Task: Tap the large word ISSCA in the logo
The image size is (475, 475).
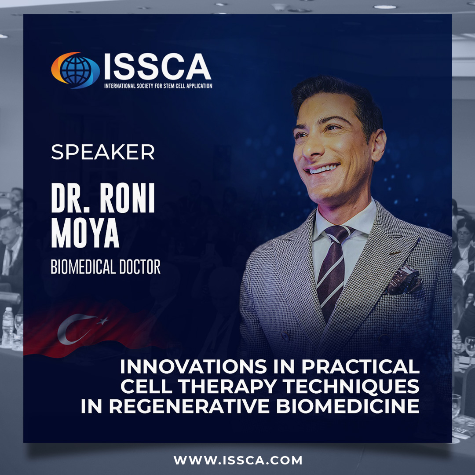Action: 157,66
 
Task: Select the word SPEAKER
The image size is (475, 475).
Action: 102,152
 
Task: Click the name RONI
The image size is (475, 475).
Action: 127,198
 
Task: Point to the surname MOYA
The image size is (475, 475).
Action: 85,233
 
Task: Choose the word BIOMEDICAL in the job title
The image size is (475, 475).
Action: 82,267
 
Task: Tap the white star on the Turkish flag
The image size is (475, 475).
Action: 103,321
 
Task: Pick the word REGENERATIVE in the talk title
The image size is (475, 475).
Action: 189,406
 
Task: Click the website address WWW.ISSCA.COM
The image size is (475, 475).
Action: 238,460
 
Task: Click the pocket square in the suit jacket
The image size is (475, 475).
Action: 404,281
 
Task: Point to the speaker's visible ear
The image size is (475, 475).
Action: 379,145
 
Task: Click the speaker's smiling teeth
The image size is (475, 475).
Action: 323,169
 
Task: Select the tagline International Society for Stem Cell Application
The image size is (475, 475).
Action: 158,86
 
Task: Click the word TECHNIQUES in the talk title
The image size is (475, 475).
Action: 351,386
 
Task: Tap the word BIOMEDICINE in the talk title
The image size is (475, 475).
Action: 348,406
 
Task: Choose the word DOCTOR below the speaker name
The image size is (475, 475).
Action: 140,267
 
